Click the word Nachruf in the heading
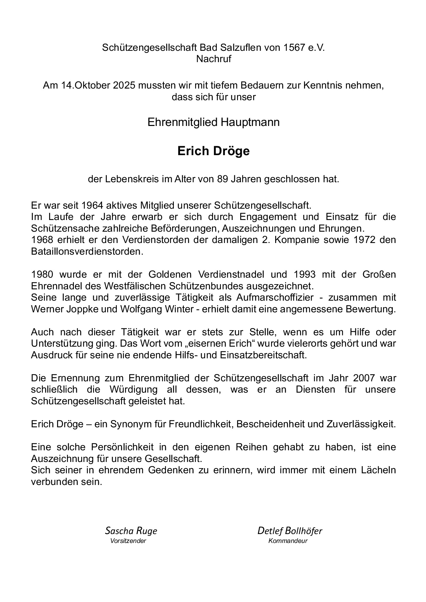[213, 59]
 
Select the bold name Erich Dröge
[213, 151]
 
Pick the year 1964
[93, 206]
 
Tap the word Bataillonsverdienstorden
[86, 251]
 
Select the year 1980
[42, 274]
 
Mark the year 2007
[361, 378]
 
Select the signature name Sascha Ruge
[131, 531]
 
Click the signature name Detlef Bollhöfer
[290, 531]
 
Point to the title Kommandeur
[288, 541]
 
